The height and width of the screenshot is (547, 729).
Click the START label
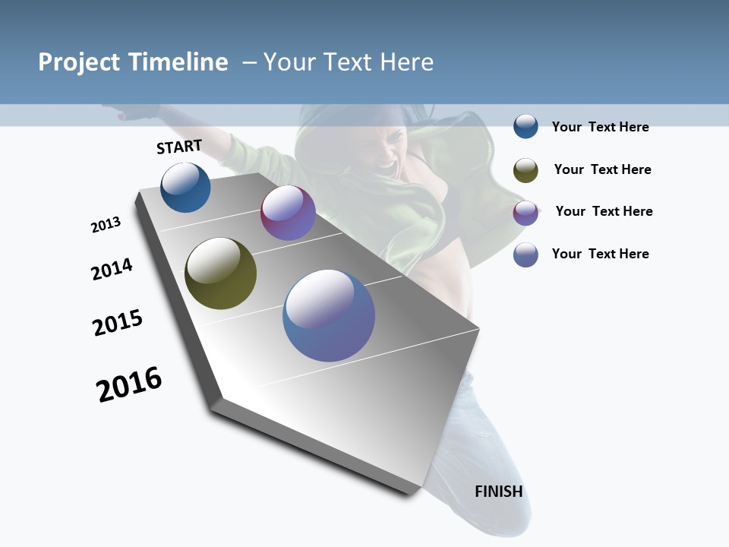(179, 147)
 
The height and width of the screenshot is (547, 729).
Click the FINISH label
(499, 492)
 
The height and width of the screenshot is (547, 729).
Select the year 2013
(106, 225)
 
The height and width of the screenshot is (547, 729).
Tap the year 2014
(112, 269)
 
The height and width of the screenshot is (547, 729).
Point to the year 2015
(118, 323)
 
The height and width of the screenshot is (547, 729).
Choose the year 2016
(129, 384)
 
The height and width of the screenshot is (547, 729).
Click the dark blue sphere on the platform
(185, 188)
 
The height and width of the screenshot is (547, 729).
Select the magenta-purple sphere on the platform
(288, 213)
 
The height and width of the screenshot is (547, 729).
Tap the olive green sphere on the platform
(220, 273)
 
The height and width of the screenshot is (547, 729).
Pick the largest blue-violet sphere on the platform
(329, 315)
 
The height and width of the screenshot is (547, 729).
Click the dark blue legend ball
(525, 127)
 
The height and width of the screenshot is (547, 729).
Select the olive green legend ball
(525, 170)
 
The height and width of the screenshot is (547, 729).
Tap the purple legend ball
(525, 213)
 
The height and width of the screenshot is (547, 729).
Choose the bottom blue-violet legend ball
(525, 255)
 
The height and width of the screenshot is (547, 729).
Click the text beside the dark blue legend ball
(600, 127)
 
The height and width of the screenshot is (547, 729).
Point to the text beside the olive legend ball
(602, 169)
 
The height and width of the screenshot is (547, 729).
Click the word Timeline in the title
(178, 62)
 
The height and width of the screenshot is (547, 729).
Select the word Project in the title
(80, 62)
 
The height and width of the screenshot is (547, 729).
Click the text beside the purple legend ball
(604, 211)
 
